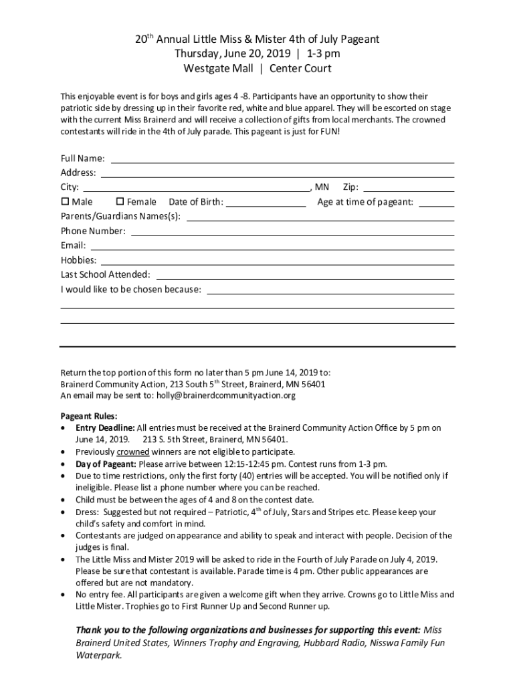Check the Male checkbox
coord(65,201)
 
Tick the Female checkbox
coord(120,201)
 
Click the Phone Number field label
coord(93,231)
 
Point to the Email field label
coord(73,246)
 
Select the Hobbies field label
coord(78,260)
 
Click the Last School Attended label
coord(106,275)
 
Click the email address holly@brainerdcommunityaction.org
coord(226,395)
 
